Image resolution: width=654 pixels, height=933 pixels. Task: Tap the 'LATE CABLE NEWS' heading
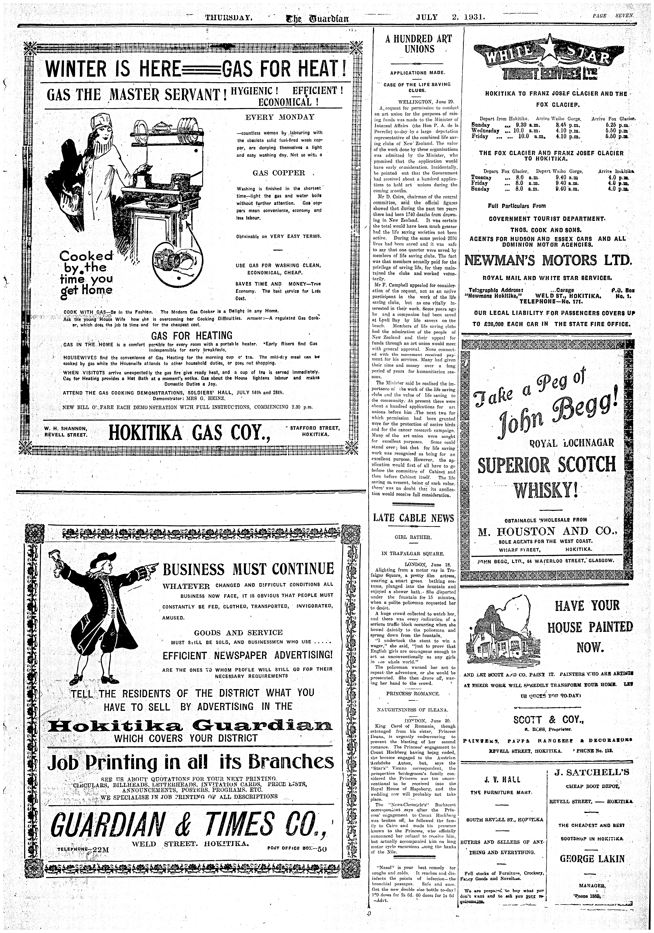point(413,518)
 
